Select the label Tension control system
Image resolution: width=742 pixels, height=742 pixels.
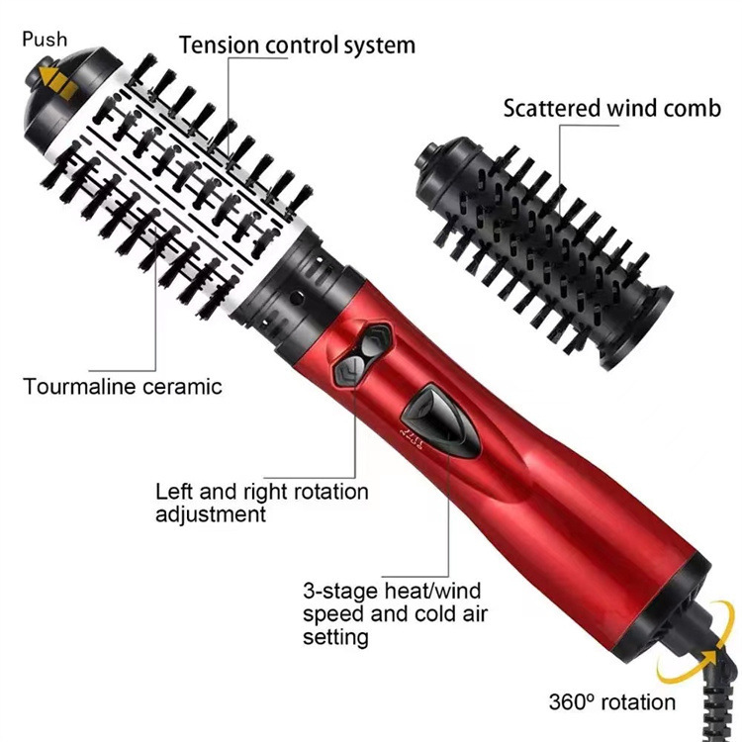(x=297, y=45)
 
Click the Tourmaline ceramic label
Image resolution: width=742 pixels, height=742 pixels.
(x=123, y=386)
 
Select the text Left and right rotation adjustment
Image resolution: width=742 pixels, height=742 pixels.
(x=261, y=503)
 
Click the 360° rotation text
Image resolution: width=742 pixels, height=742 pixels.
(x=612, y=702)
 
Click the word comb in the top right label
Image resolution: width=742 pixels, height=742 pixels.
(x=692, y=108)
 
